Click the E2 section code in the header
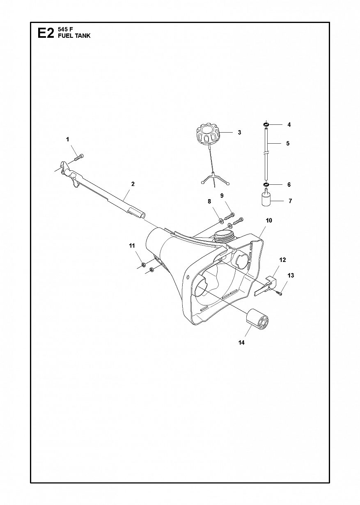coord(46,33)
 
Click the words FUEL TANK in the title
coord(74,36)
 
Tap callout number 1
coord(67,140)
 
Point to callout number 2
coord(133,184)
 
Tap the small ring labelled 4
coord(266,124)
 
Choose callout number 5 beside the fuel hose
coord(288,143)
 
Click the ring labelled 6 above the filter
coord(266,185)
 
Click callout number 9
coord(222,196)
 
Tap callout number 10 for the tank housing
coord(269,220)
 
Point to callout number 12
coord(282,260)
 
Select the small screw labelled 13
coord(279,293)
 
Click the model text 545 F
coord(64,29)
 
